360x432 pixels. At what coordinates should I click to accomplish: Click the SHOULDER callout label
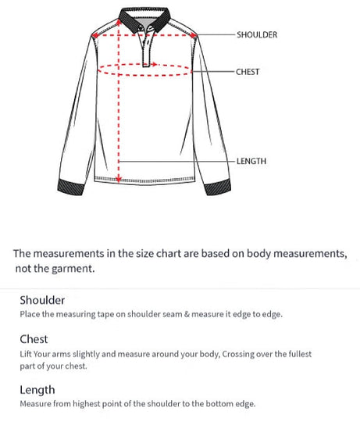point(257,35)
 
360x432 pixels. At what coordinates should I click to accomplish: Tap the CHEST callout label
point(248,72)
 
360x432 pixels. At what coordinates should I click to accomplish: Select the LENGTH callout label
point(251,161)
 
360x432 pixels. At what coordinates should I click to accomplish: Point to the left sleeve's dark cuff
point(73,187)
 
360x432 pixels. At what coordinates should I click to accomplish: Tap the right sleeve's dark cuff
point(219,187)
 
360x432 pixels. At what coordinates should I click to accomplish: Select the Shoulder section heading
point(42,300)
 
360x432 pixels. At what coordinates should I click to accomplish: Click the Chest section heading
point(34,339)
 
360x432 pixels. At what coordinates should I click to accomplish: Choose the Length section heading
point(37,390)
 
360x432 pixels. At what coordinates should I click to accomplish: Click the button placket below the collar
point(146,48)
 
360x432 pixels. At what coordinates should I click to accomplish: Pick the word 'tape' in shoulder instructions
point(98,314)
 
